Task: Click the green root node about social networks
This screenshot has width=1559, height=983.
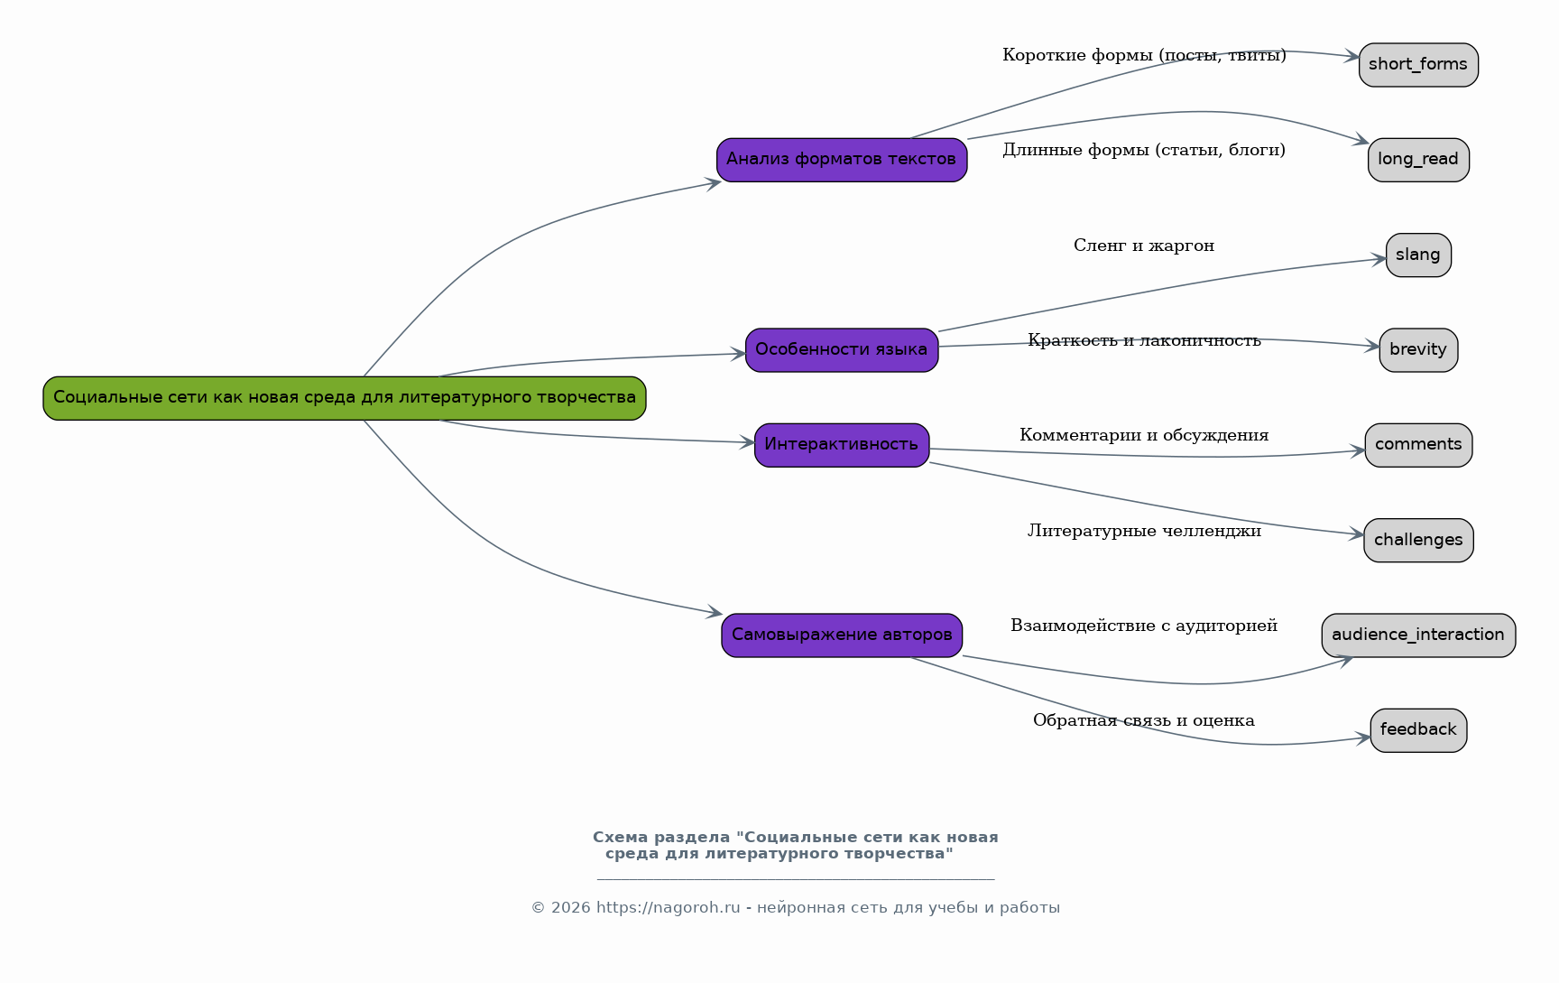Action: pos(345,398)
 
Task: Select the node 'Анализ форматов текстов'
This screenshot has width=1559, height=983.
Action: pos(842,160)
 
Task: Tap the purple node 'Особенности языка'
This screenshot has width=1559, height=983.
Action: pos(842,350)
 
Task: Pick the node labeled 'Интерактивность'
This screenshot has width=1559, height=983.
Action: pos(842,445)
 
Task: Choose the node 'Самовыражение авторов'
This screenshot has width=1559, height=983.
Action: pos(842,635)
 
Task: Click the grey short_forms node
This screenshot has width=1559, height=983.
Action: pos(1418,65)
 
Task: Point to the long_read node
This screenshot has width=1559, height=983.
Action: pos(1418,160)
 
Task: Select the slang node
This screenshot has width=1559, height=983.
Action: pos(1418,255)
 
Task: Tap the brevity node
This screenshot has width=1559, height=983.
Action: pos(1418,350)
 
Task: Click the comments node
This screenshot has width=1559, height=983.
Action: pos(1418,445)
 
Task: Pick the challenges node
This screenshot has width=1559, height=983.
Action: pos(1418,541)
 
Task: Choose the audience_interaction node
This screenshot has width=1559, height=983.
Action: pos(1418,635)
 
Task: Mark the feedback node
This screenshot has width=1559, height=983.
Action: pos(1418,730)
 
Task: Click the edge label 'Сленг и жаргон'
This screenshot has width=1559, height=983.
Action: pos(1144,246)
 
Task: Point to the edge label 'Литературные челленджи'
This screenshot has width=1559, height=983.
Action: pos(1144,531)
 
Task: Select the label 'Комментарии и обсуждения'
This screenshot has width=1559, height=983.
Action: pos(1144,435)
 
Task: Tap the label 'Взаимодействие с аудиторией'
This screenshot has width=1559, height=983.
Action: pos(1144,626)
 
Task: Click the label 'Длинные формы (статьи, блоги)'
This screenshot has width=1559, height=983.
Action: pos(1144,150)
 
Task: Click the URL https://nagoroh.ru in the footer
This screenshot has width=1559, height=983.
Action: pos(669,908)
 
